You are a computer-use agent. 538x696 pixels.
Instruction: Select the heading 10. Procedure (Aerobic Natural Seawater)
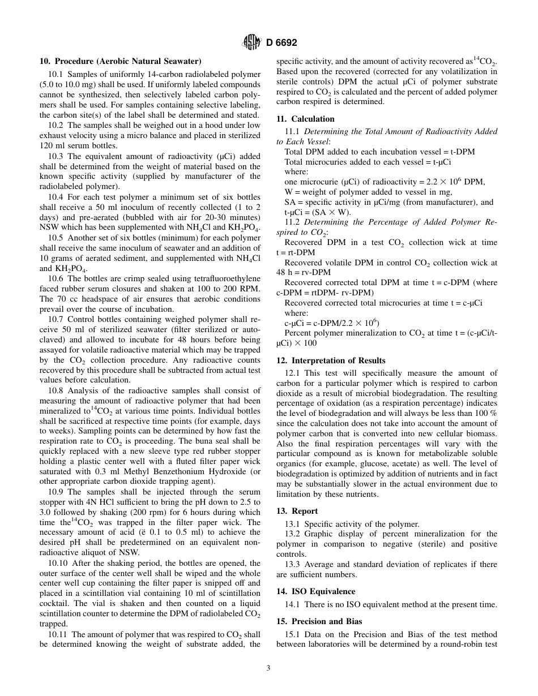[x=120, y=61]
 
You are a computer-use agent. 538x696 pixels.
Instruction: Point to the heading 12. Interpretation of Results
[x=331, y=360]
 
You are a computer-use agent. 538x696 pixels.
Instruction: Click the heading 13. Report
[x=297, y=511]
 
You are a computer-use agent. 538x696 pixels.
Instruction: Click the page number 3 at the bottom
[x=268, y=668]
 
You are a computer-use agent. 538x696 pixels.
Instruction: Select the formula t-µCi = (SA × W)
[x=317, y=212]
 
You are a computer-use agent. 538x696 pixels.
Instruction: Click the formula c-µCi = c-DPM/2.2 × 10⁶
[x=332, y=323]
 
